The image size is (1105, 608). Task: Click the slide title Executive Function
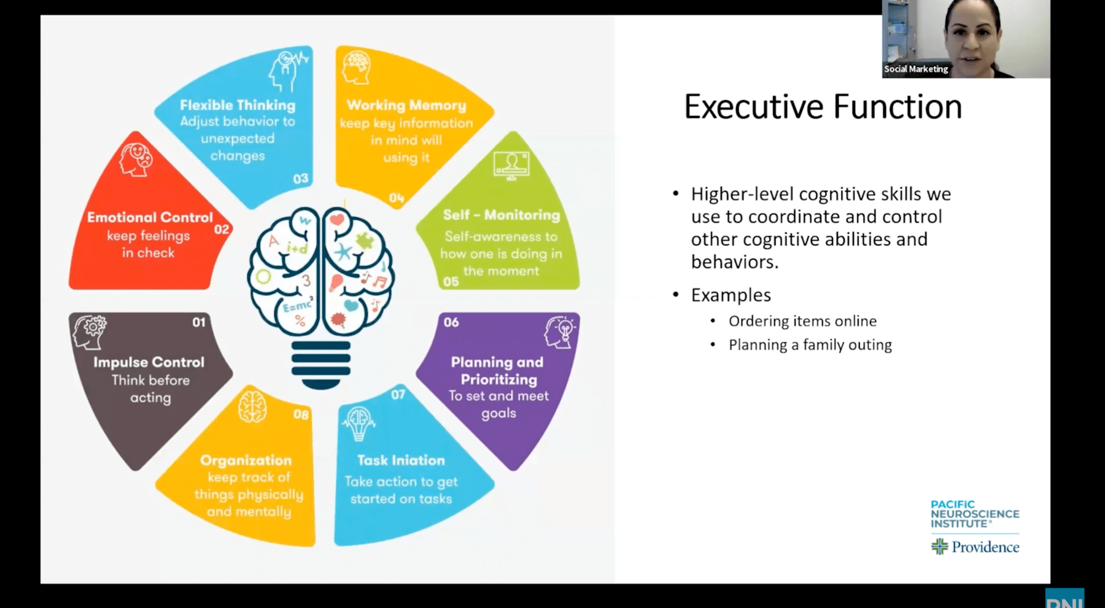[x=823, y=107]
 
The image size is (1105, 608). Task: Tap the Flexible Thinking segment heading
[x=238, y=105]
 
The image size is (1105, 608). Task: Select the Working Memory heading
[x=406, y=105]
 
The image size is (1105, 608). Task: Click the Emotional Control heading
[x=150, y=217]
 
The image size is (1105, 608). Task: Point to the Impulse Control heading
[x=149, y=362]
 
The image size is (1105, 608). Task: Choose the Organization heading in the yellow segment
[x=246, y=460]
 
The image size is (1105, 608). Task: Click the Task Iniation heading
[x=401, y=460]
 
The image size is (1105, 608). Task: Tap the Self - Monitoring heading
[x=501, y=215]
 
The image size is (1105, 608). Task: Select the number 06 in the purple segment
[x=451, y=322]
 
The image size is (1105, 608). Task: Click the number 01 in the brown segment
[x=199, y=322]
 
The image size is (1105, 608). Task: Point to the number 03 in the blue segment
[x=301, y=179]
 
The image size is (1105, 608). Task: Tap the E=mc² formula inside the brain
[x=297, y=305]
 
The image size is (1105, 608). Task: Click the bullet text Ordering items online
[x=802, y=321]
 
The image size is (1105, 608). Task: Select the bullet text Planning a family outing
[x=810, y=345]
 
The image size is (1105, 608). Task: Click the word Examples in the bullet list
[x=731, y=295]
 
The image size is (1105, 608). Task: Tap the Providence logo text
[x=985, y=547]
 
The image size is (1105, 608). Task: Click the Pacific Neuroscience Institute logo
[x=974, y=514]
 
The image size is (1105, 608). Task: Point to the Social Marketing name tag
[x=916, y=69]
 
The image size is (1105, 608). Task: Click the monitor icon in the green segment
[x=511, y=165]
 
